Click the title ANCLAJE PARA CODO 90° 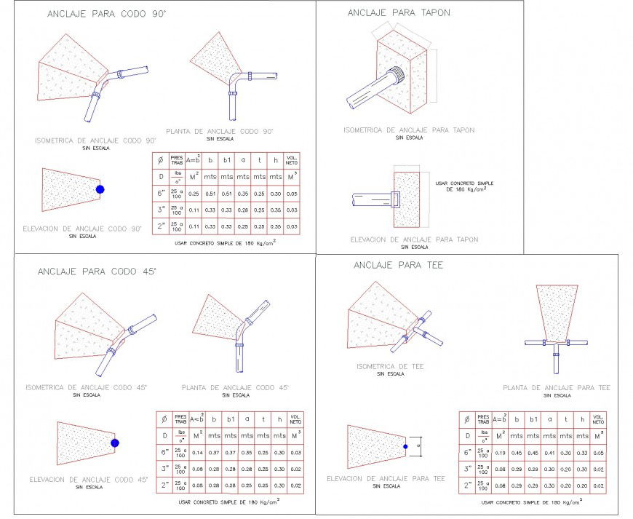(107, 13)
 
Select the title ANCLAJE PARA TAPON (399, 12)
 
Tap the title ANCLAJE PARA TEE (394, 265)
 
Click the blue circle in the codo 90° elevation (100, 189)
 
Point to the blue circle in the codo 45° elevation (114, 443)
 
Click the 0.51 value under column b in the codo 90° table (211, 194)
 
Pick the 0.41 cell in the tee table (549, 452)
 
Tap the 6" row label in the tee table (466, 452)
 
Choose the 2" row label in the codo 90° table (160, 227)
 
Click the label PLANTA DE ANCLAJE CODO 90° (219, 131)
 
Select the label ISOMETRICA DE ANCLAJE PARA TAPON (409, 130)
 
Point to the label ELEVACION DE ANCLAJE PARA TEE (386, 478)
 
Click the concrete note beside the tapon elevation (461, 186)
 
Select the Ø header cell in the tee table (466, 419)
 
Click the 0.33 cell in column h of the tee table (581, 452)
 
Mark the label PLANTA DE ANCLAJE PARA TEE (557, 388)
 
